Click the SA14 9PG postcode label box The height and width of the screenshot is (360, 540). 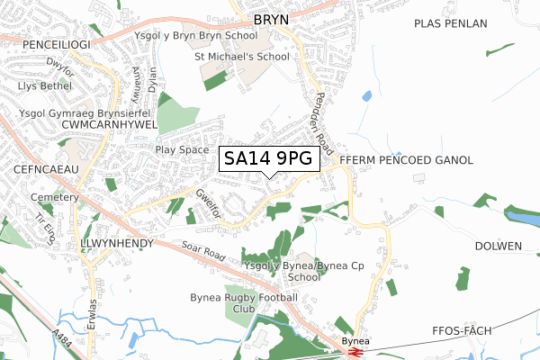(x=269, y=158)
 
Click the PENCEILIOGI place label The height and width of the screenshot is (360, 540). (x=40, y=42)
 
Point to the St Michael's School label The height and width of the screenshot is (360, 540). (x=242, y=57)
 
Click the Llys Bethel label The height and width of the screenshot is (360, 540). (x=45, y=86)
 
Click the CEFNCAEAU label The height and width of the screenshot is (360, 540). (x=40, y=168)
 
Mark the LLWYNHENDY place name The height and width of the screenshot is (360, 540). (x=120, y=244)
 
